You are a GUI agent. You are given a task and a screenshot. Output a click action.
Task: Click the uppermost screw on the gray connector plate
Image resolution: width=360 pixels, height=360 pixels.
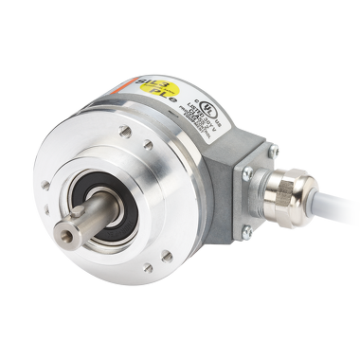tap(273, 149)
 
